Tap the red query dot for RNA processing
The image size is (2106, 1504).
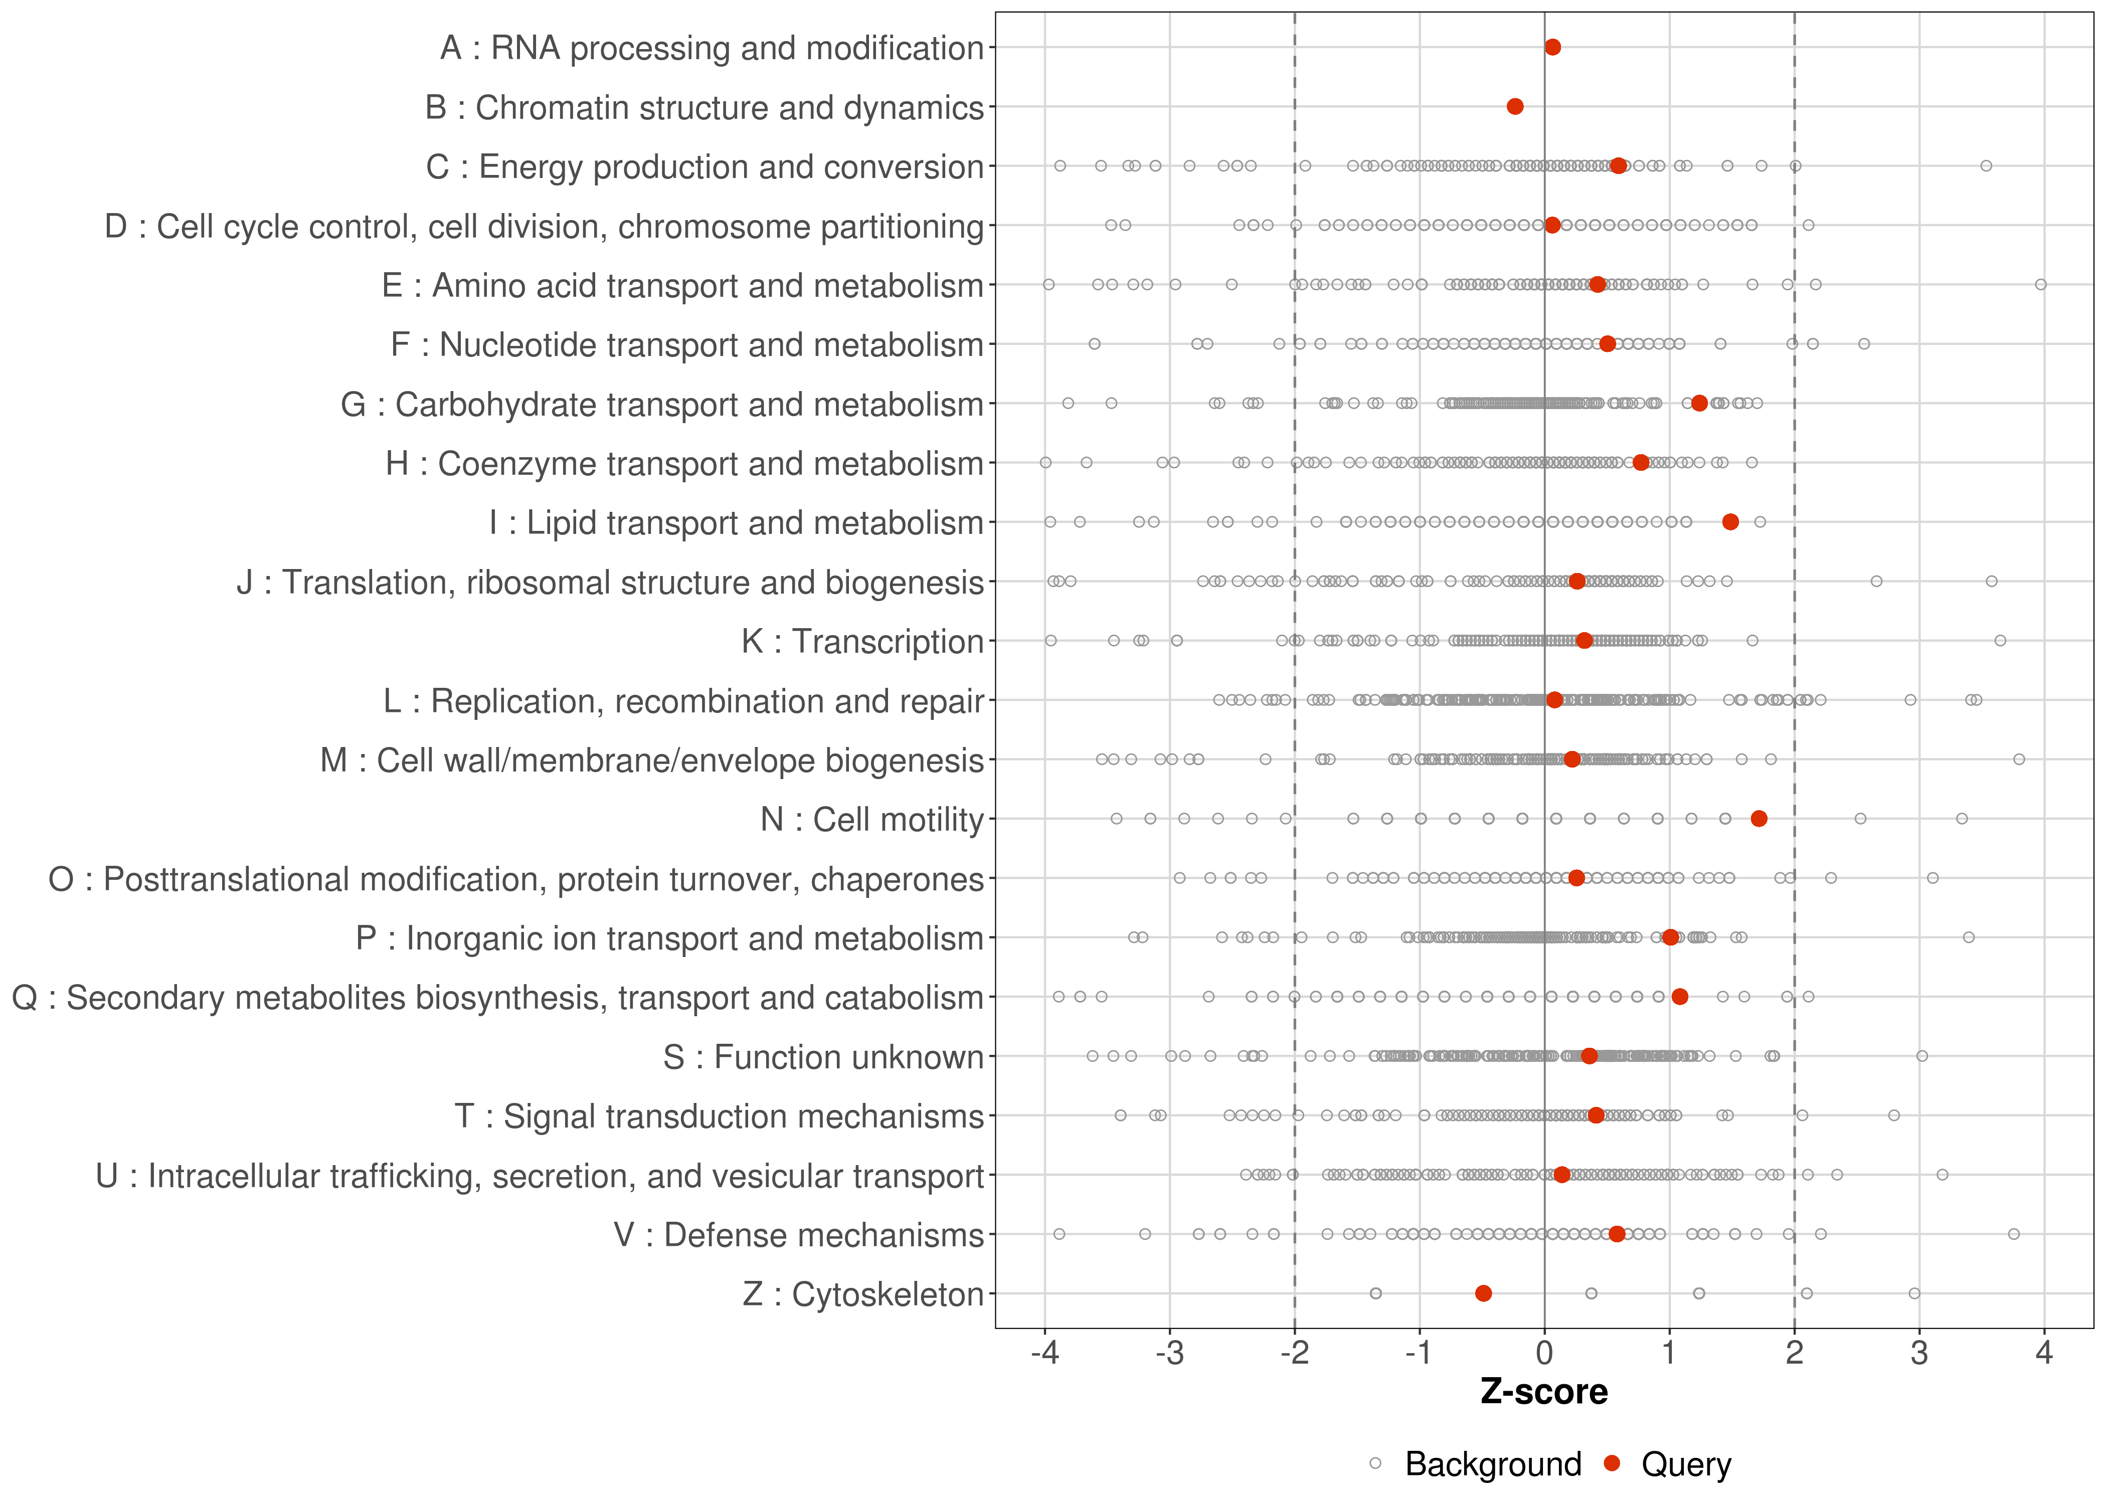[1553, 47]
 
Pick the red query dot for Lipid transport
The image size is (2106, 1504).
[1730, 522]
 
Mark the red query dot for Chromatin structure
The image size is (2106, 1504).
[1515, 106]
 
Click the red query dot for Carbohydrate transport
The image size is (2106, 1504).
[1699, 403]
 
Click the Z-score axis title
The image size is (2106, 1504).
[1544, 1392]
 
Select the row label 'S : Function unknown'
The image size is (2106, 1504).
[822, 1057]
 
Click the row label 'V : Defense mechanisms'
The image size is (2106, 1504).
[798, 1235]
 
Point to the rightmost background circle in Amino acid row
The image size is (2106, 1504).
[2040, 284]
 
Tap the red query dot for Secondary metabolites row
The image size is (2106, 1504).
[1680, 997]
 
